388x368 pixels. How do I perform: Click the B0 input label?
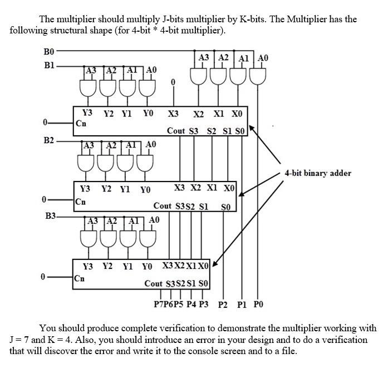[x=48, y=52]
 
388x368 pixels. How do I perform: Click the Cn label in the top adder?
[x=81, y=124]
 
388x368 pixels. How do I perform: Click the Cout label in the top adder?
[x=176, y=131]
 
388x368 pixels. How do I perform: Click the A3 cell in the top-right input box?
[x=204, y=57]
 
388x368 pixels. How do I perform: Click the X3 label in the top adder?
[x=173, y=114]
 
